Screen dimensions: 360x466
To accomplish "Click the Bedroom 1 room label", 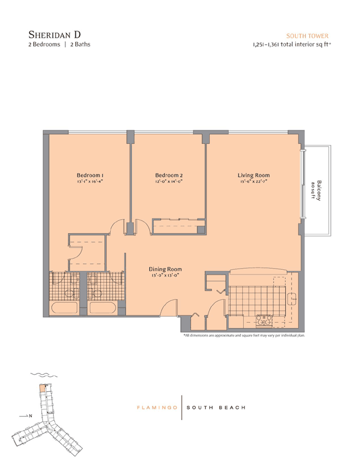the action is (x=90, y=176).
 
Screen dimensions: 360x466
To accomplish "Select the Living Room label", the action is (x=253, y=176).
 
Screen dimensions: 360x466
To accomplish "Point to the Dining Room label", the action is (x=166, y=269).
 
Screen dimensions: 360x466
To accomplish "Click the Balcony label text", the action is (x=319, y=190).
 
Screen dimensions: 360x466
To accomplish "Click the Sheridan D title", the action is (x=54, y=35).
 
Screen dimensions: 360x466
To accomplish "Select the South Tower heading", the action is (x=308, y=36).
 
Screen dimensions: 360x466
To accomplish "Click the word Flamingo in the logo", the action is (x=157, y=408).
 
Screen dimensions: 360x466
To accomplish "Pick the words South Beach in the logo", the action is (x=216, y=408).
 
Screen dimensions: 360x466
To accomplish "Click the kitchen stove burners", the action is (x=264, y=320).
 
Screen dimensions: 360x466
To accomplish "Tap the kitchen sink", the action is (x=292, y=298).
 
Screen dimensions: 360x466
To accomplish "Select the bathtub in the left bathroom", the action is (x=64, y=308).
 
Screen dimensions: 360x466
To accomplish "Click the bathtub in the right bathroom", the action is (x=103, y=308).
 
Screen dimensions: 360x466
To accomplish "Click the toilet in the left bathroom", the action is (x=70, y=293).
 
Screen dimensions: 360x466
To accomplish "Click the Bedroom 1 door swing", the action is (x=117, y=225).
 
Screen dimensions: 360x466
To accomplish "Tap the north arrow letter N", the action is (x=30, y=416).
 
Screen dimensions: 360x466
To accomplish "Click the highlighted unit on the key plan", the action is (x=42, y=388).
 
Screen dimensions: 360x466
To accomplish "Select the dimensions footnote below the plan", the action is (x=245, y=335).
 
